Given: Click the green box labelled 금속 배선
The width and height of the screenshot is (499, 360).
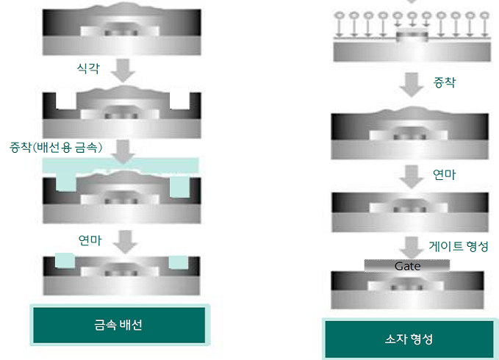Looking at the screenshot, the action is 119,325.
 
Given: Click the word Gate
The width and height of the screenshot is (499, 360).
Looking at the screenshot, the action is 408,266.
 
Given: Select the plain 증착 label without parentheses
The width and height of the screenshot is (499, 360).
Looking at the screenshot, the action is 445,82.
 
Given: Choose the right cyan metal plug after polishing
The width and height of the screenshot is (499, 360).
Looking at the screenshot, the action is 179,262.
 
